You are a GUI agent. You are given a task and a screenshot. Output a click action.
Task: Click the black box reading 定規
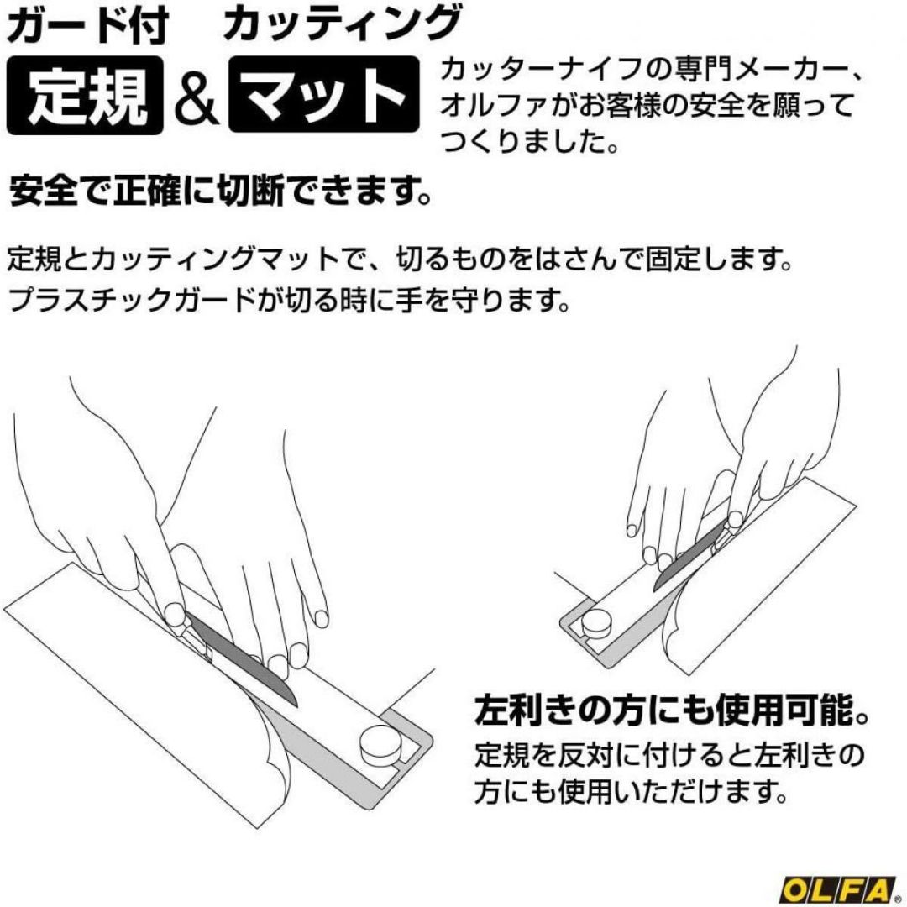tap(85, 96)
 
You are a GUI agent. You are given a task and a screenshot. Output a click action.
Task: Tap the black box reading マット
tap(324, 94)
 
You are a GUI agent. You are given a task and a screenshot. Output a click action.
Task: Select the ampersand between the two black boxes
tap(197, 97)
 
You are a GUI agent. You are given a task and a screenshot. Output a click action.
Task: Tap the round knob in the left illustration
tap(380, 743)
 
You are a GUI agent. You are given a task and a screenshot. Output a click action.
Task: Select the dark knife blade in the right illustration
tap(689, 555)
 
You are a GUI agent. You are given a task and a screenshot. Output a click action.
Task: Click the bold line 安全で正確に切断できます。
tap(221, 191)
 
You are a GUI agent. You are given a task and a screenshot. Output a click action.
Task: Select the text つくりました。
tap(530, 141)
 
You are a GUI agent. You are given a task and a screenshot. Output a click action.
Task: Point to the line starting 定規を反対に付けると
tap(669, 756)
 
